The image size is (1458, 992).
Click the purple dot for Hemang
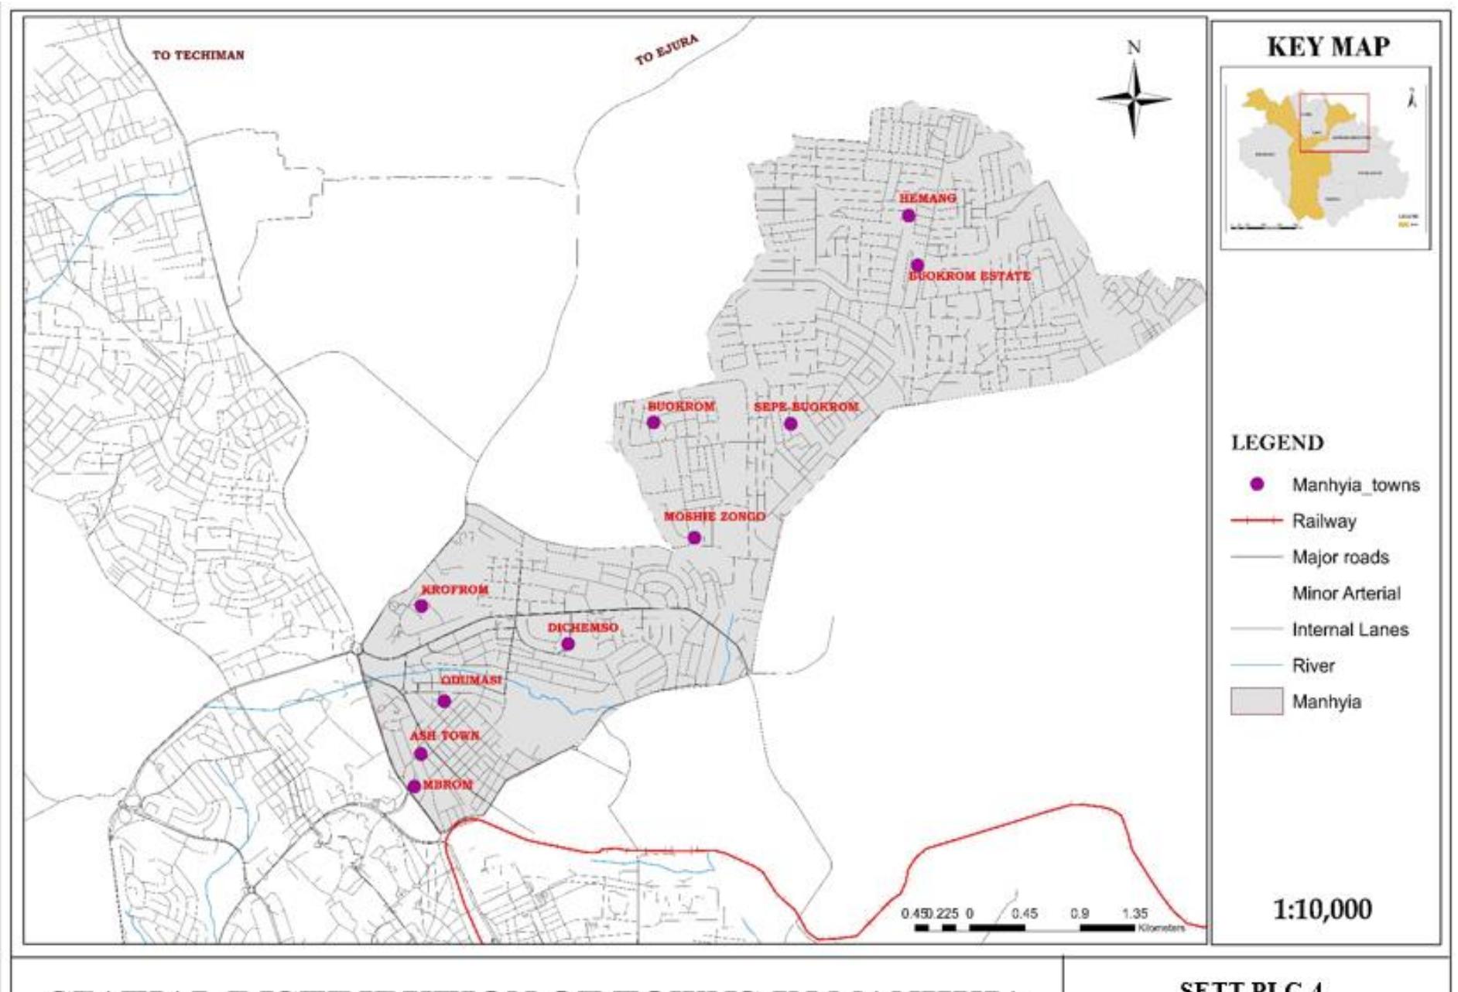coord(909,216)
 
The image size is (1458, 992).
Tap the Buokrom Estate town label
coord(970,276)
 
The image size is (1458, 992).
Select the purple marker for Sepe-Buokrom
coord(790,423)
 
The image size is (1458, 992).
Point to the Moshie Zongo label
coord(714,516)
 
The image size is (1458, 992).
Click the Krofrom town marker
coord(421,606)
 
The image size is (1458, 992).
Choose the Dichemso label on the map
coord(583,628)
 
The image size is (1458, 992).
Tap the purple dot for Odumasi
coord(444,701)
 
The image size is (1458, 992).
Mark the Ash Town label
coord(445,735)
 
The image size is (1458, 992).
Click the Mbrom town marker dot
coord(414,786)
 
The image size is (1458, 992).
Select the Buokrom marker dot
coord(653,422)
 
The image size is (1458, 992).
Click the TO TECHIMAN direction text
coord(198,55)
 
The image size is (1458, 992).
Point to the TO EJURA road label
coord(666,50)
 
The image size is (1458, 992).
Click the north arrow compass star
coord(1134,98)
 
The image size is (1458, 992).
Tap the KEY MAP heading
coord(1328,47)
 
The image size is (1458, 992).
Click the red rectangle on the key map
coord(1334,122)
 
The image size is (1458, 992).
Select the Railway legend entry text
coord(1324,521)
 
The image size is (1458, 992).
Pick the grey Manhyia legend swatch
coord(1256,701)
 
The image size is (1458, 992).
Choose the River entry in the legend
coord(1313,665)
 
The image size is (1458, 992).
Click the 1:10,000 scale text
coord(1323,908)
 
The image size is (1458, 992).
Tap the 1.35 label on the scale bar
coord(1135,914)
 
